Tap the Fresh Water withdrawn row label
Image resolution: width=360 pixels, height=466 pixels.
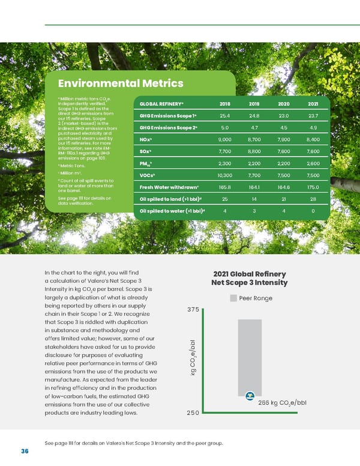point(168,187)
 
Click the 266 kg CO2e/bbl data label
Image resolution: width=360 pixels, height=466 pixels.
point(282,402)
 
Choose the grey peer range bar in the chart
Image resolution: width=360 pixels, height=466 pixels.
point(250,354)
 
